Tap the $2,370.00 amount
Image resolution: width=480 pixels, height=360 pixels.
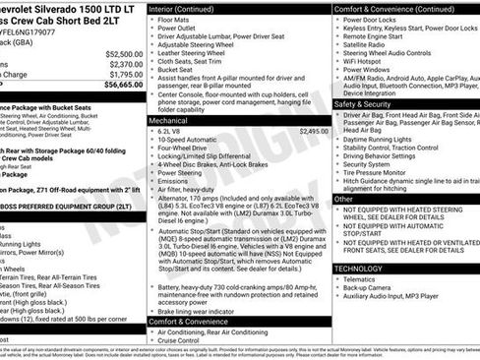pos(125,64)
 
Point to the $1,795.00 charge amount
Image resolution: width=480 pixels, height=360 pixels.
pos(125,74)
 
